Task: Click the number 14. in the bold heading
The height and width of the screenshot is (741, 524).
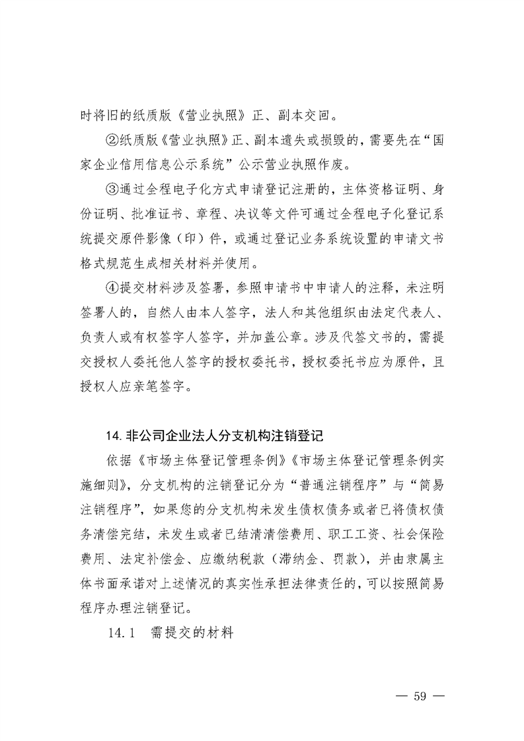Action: (x=112, y=436)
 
